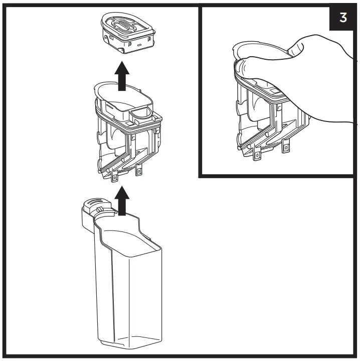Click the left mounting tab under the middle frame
(115, 176)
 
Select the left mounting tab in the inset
(257, 155)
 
